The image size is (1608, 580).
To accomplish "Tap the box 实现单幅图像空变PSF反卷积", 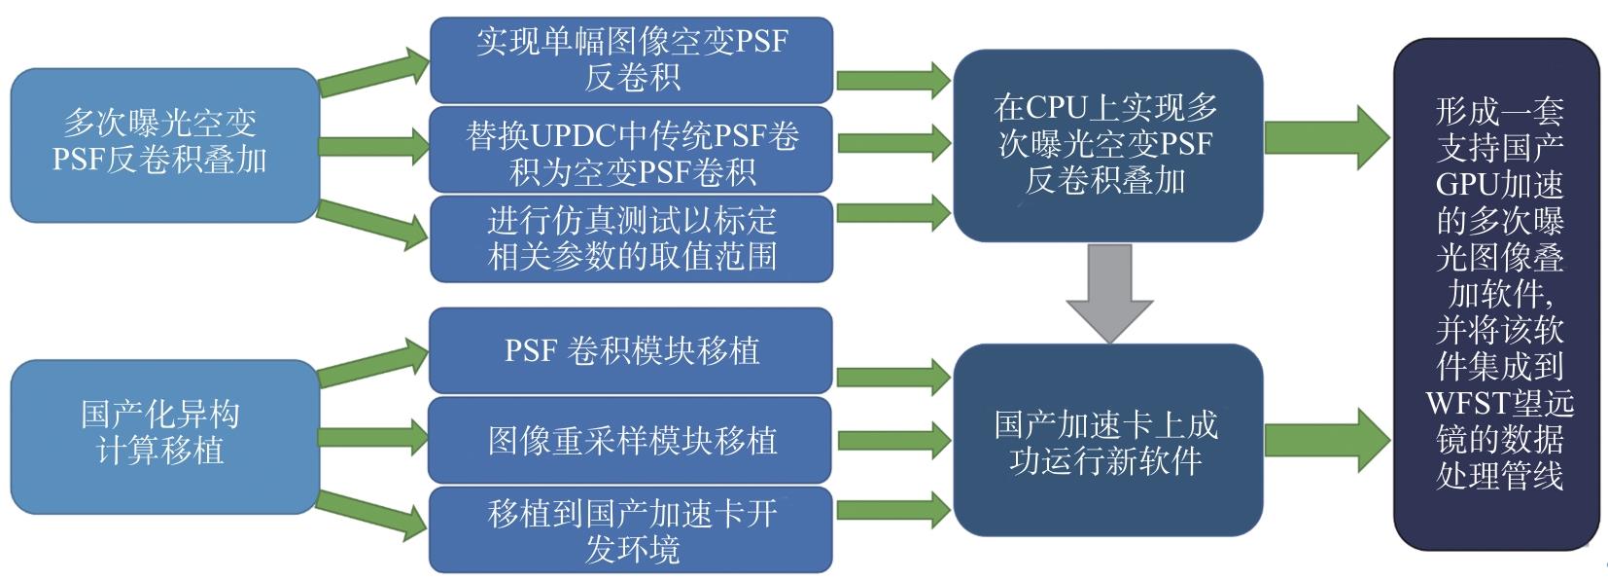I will (631, 59).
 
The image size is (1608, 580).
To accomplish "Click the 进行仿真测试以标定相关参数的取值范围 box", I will (631, 238).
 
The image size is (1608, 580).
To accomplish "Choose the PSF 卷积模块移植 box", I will (631, 350).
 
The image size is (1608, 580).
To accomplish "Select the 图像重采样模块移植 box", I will (631, 440).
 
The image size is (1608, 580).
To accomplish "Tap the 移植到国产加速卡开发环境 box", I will (631, 530).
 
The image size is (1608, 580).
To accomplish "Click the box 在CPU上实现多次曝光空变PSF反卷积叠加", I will (1106, 144).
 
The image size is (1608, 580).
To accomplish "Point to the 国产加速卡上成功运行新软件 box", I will (1106, 440).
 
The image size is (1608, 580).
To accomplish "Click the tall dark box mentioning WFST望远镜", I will (1497, 292).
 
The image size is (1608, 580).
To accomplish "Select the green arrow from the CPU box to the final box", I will (1328, 137).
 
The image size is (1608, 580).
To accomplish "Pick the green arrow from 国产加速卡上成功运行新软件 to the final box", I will (1328, 439).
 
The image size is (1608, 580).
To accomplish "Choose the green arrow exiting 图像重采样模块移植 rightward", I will (892, 440).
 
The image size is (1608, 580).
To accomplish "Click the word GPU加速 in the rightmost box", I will (1498, 185).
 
